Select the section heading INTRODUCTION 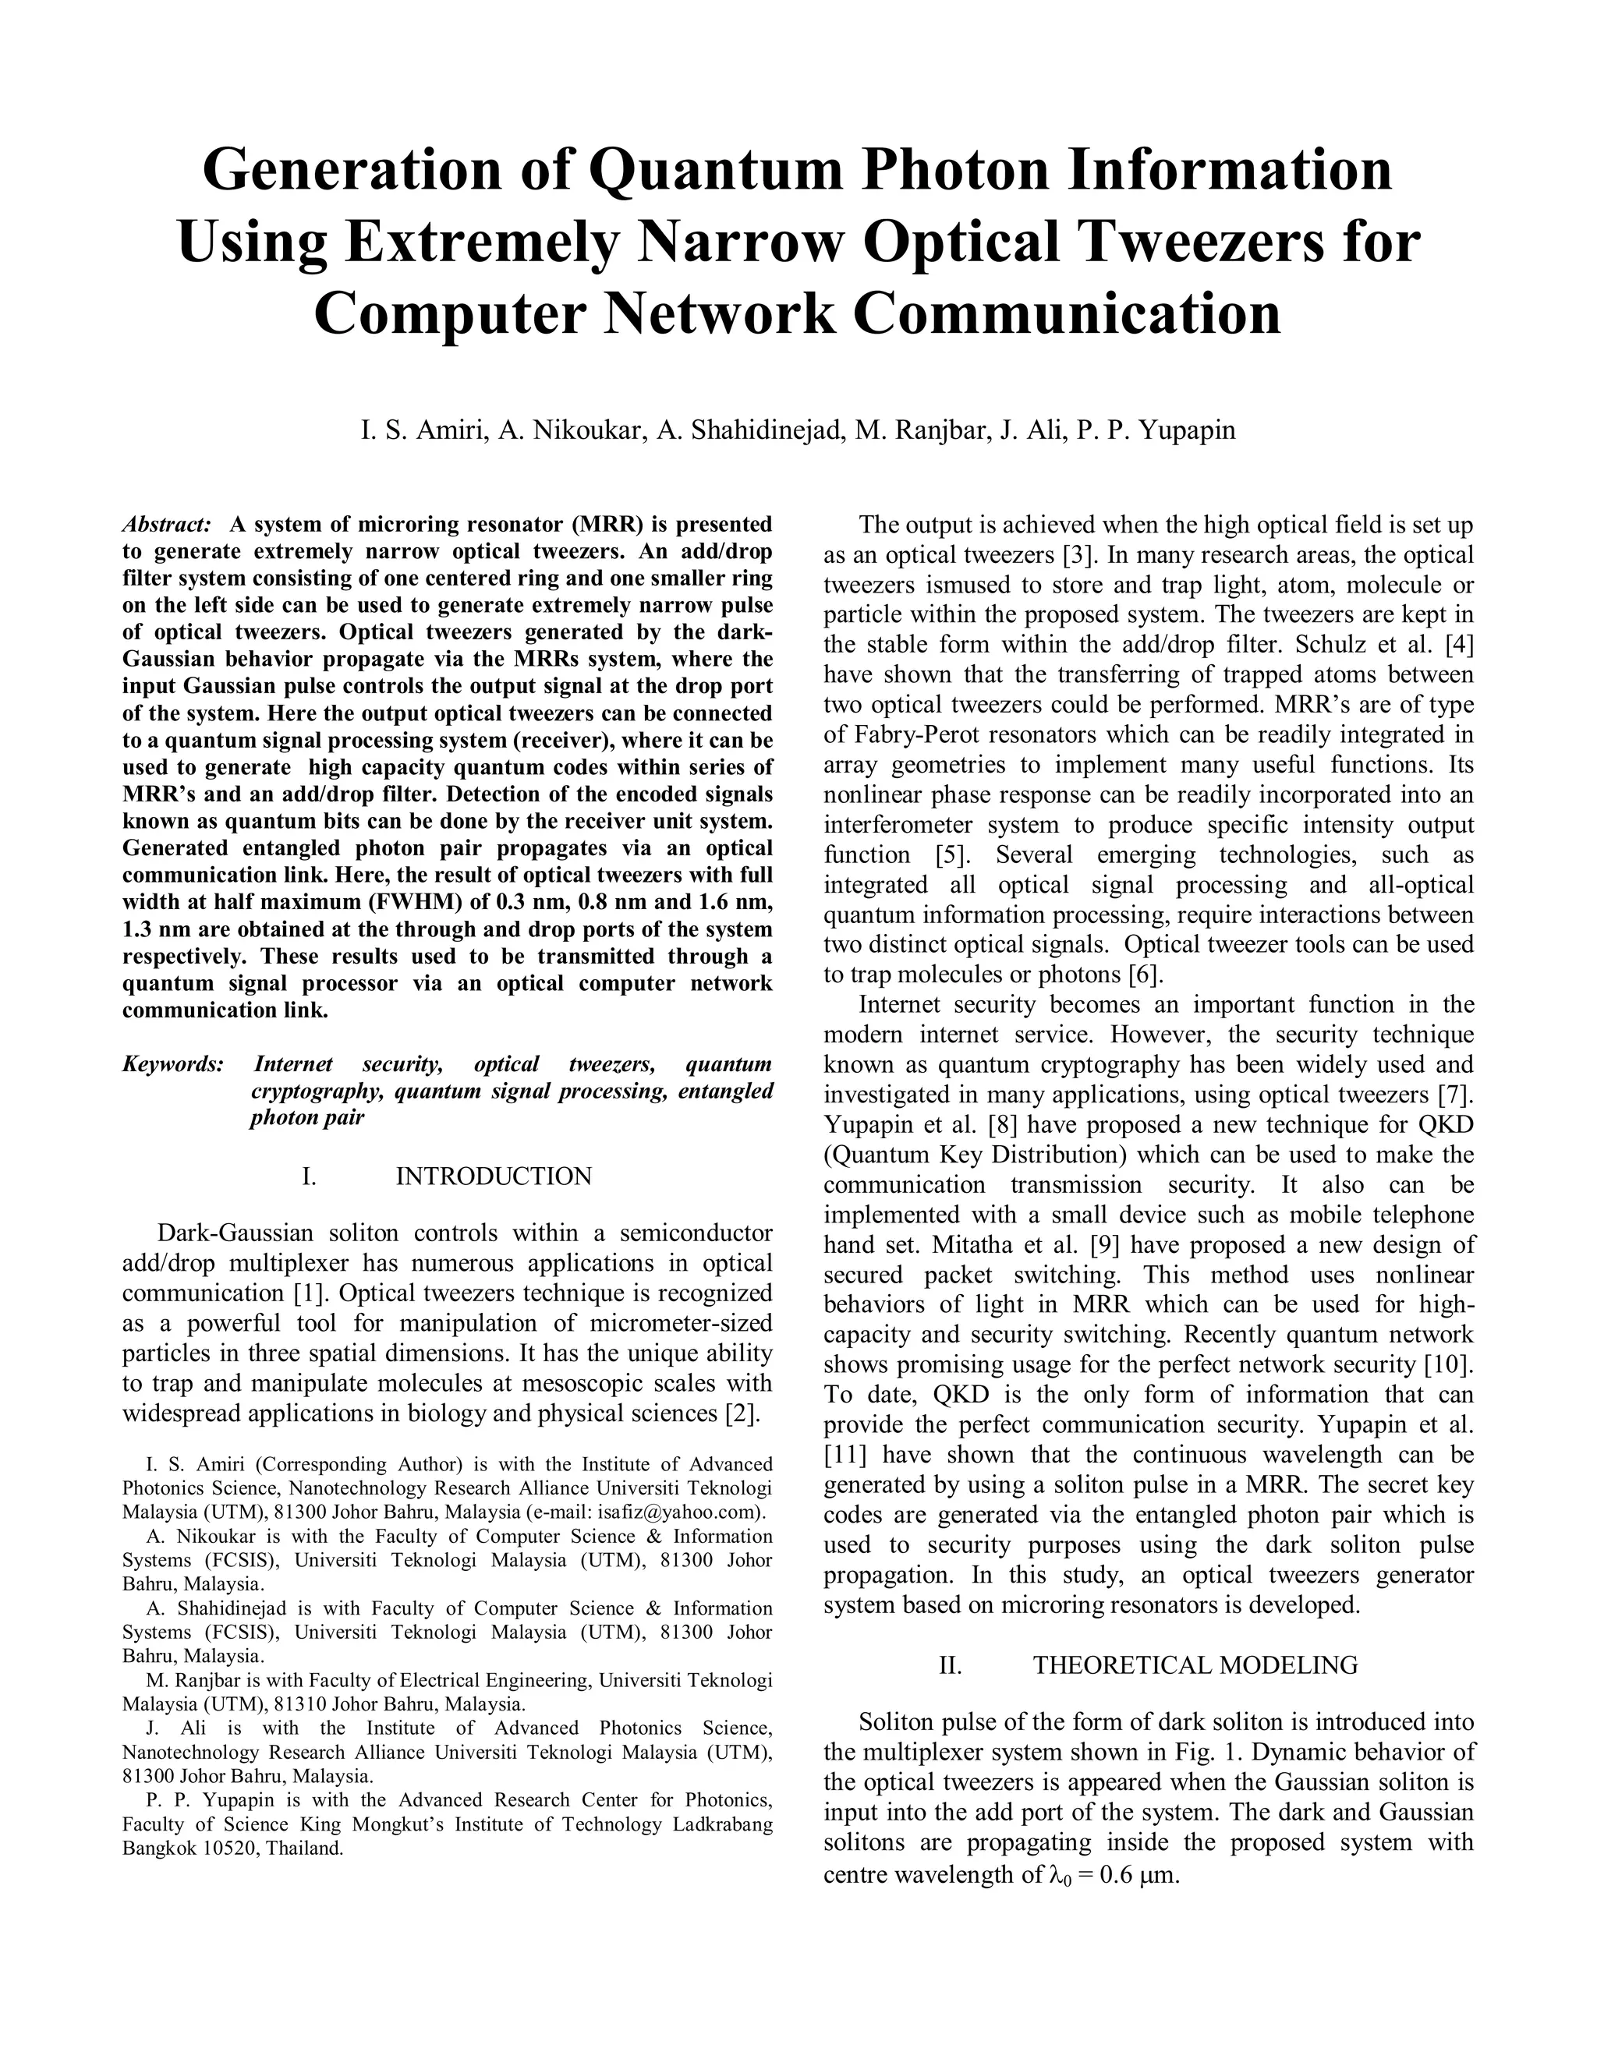pos(493,1176)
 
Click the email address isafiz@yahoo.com pos(678,1512)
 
